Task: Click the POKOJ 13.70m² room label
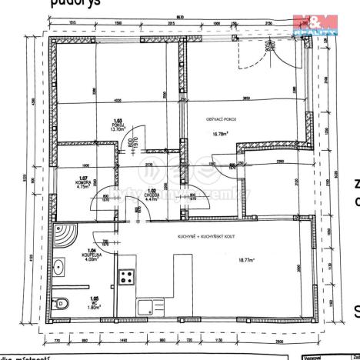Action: click(118, 126)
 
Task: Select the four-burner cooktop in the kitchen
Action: click(125, 277)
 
